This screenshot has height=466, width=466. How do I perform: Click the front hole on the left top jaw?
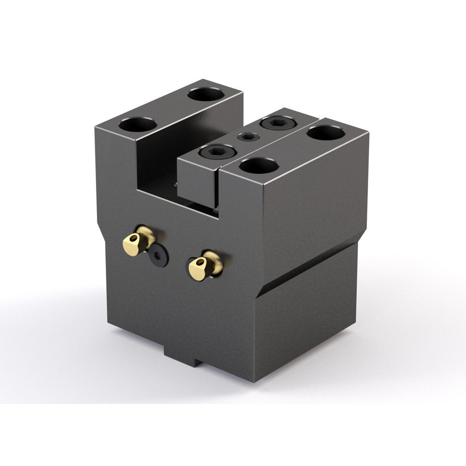137,124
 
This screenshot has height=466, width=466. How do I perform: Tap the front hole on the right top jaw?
259,165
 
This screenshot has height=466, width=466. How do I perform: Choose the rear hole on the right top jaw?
326,133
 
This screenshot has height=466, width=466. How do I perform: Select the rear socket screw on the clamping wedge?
278,123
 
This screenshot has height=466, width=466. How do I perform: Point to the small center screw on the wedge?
248,137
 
